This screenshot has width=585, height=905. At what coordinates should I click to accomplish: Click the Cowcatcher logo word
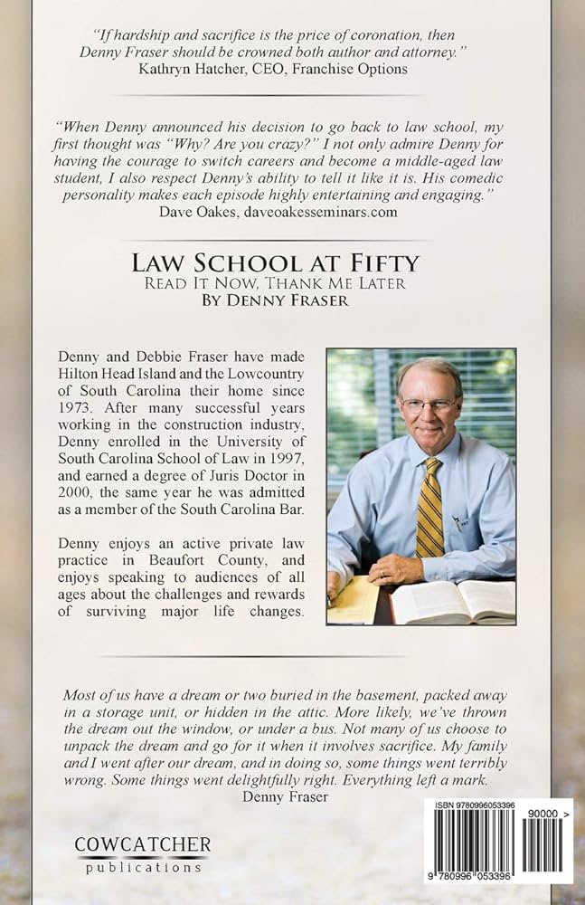[x=142, y=845]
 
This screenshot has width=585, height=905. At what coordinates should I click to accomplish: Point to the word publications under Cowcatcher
[x=142, y=867]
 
